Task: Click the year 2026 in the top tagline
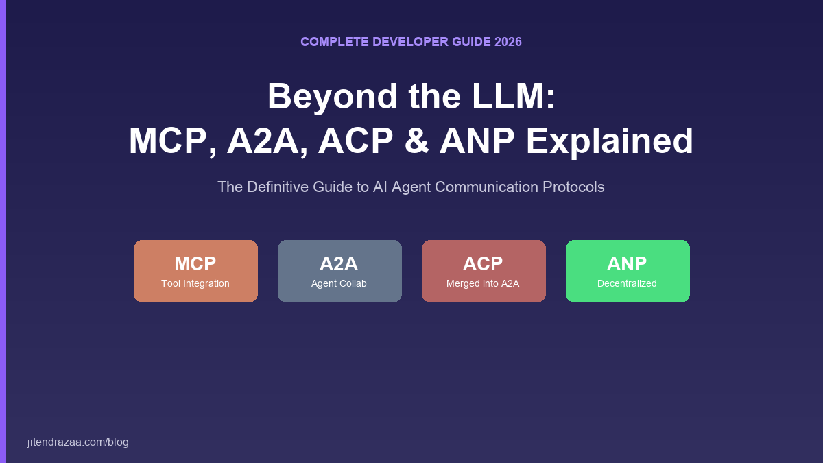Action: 508,42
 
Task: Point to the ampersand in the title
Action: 416,141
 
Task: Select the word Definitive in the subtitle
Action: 281,187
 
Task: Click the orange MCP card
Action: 195,271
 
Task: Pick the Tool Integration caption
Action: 195,283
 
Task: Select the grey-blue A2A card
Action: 339,271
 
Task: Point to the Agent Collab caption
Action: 339,283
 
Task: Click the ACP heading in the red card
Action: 483,263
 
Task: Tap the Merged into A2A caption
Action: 483,283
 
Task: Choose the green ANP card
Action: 628,271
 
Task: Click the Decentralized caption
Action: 627,283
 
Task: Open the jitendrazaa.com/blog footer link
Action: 78,442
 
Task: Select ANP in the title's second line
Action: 477,141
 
